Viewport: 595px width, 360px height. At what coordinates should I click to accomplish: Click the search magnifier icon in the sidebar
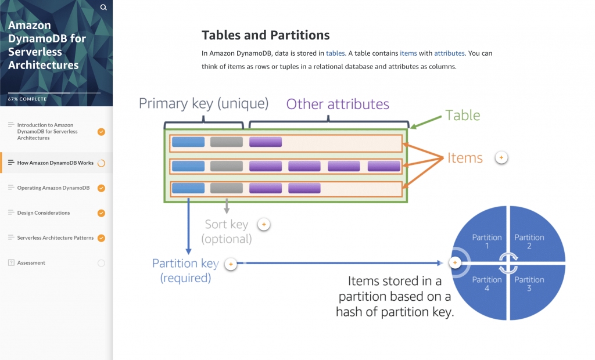[x=103, y=8]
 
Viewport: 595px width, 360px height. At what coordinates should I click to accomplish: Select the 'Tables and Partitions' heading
[x=266, y=35]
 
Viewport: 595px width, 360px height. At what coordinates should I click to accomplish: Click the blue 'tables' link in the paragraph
[x=335, y=53]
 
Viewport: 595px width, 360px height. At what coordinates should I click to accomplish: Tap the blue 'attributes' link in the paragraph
[x=449, y=53]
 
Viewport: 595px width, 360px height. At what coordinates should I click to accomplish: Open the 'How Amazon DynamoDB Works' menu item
[x=55, y=163]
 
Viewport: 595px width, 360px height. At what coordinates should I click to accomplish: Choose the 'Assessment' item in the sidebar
[x=31, y=263]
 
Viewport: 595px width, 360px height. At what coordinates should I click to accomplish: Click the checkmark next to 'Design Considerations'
[x=101, y=213]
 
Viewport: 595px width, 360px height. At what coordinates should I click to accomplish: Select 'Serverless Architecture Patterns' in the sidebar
[x=55, y=238]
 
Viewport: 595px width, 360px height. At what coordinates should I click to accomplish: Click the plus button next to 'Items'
[x=501, y=157]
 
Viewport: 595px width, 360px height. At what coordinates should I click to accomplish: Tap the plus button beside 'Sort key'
[x=264, y=224]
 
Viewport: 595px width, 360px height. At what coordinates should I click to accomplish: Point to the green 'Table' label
[x=463, y=115]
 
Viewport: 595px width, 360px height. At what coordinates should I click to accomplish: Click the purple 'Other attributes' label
[x=338, y=104]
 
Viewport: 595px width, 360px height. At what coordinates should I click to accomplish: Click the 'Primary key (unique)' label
[x=203, y=103]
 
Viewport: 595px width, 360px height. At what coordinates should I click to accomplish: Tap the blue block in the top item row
[x=188, y=142]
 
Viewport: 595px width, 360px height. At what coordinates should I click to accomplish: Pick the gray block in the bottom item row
[x=227, y=188]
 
